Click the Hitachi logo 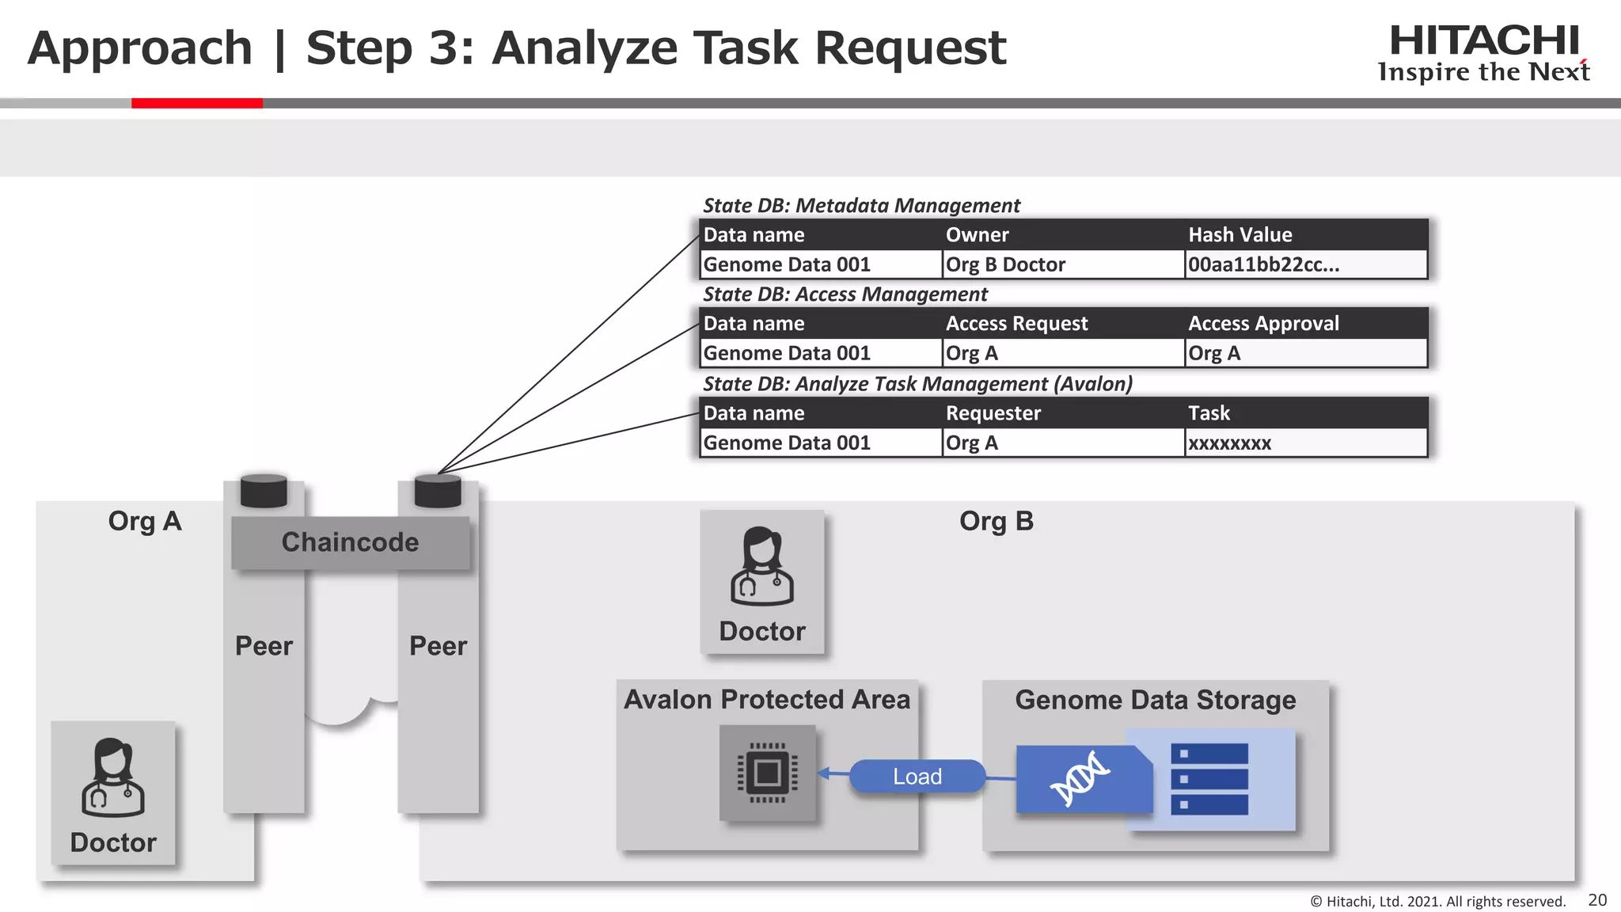coord(1483,52)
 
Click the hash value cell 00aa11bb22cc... coord(1263,264)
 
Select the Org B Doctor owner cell coord(1005,264)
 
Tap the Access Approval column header coord(1263,323)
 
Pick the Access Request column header coord(1016,323)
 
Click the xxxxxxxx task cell coord(1229,443)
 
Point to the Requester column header coord(993,412)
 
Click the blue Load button coord(917,776)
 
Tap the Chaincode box coord(350,542)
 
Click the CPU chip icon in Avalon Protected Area coord(767,773)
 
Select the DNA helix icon coord(1080,778)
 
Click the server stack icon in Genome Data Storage coord(1209,779)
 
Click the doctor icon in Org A coord(112,777)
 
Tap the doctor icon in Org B coord(761,566)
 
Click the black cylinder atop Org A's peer coord(264,491)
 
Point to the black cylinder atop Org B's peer coord(438,491)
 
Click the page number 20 coord(1597,900)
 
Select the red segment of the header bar coord(196,103)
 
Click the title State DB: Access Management coord(845,294)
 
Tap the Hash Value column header coord(1239,234)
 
